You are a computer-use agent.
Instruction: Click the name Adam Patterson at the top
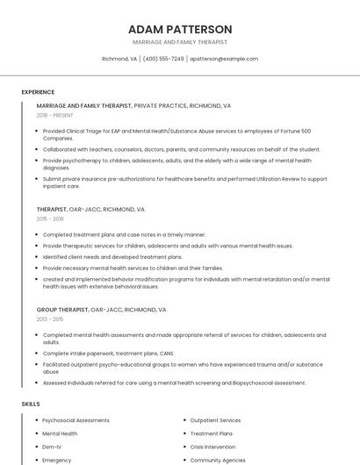point(180,29)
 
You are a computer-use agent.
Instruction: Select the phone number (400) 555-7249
point(163,59)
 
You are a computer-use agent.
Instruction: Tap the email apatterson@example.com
point(224,59)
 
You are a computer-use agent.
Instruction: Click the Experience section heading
point(38,92)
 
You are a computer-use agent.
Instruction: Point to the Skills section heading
point(31,404)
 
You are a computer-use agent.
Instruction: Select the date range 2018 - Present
point(55,115)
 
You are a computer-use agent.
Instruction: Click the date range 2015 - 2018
point(50,219)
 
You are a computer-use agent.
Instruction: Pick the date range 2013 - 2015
point(50,319)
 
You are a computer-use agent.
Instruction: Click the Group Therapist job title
point(61,310)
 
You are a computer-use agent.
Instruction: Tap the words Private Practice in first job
point(160,105)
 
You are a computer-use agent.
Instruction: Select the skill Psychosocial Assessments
point(76,420)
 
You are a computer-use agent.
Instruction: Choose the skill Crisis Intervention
point(213,447)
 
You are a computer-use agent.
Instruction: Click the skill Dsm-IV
point(53,447)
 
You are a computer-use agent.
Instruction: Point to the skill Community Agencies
point(218,460)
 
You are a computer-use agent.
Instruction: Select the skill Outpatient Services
point(215,420)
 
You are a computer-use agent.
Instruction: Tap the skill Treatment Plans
point(212,433)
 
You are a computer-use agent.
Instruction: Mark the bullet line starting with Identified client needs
point(112,257)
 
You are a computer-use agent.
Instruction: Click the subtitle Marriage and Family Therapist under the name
point(180,42)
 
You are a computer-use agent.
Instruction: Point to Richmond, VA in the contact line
point(119,59)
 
